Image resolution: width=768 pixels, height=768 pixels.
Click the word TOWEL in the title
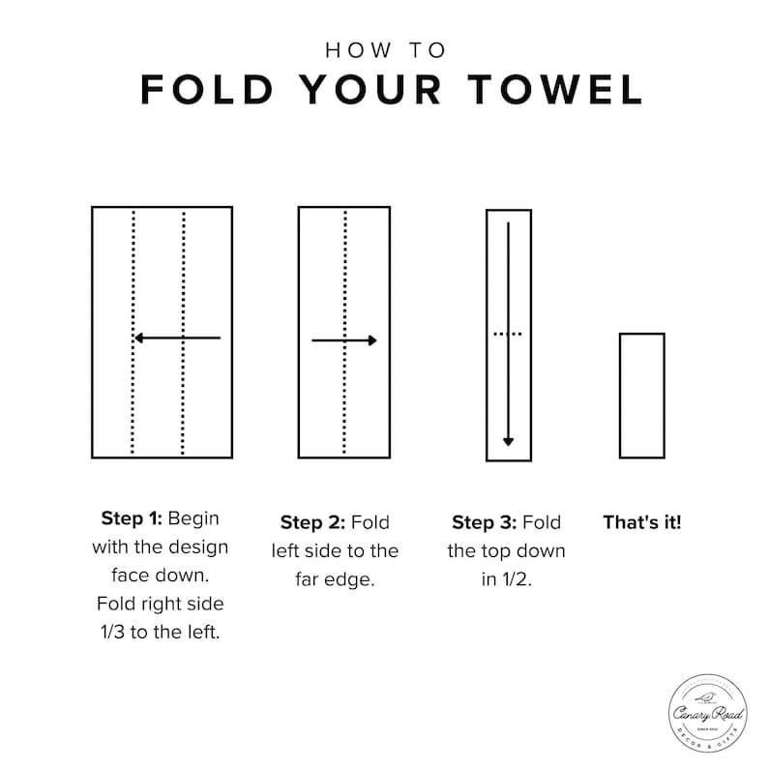(x=555, y=90)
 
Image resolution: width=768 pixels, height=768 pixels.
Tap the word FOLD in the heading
(x=207, y=90)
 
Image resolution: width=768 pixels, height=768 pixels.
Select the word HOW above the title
(x=359, y=50)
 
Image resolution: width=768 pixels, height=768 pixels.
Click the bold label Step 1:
(x=132, y=518)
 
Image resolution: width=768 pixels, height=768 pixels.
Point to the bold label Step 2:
(x=313, y=522)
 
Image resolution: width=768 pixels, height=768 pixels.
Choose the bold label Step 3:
(x=485, y=522)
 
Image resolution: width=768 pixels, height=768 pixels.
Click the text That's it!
(x=642, y=522)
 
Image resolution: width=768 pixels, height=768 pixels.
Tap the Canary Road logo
(x=708, y=713)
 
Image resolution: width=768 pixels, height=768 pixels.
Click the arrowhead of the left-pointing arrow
(x=138, y=338)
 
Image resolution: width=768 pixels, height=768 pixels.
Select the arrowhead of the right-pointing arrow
(x=372, y=340)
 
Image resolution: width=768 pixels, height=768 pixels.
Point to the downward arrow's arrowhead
(x=509, y=442)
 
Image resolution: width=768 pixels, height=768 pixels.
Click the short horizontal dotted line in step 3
(x=508, y=334)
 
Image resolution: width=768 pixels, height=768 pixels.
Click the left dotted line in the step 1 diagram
(x=133, y=333)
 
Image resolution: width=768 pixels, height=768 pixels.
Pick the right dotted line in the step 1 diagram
(x=183, y=333)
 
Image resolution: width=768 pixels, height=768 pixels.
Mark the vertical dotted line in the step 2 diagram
(x=344, y=333)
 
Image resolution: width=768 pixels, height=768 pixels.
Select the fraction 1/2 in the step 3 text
(x=507, y=579)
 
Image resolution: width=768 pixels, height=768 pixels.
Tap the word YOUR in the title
(x=369, y=90)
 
